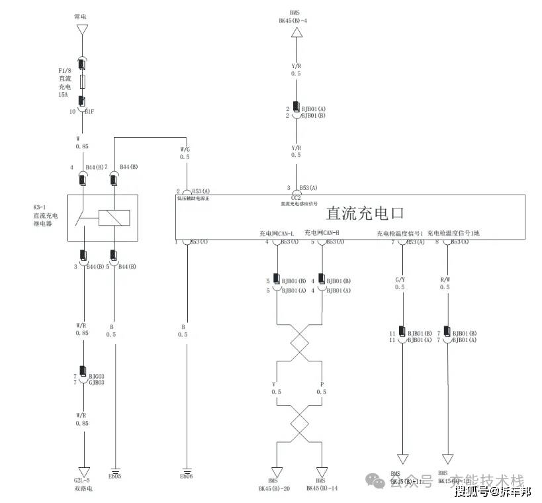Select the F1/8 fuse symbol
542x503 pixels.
coord(82,82)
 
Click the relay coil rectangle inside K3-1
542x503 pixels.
coord(114,218)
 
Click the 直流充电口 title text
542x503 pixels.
coord(365,213)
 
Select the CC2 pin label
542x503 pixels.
coord(296,197)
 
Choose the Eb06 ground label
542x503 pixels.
coord(186,477)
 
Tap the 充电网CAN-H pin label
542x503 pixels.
coord(322,234)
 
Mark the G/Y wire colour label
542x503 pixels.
coord(399,279)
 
